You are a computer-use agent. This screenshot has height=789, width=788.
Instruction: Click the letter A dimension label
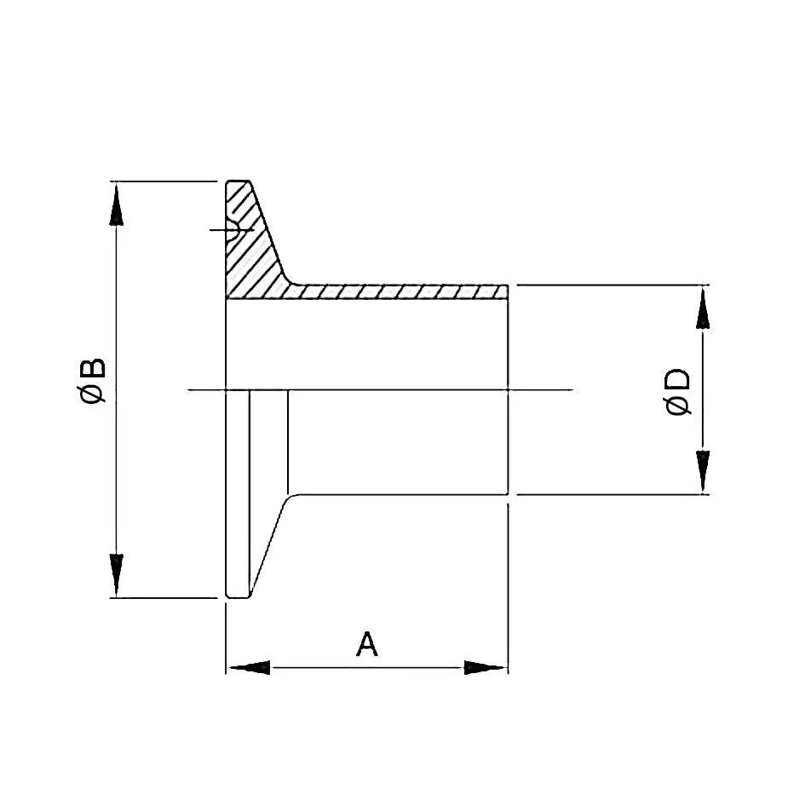click(366, 644)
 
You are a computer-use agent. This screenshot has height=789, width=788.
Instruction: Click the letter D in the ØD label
click(679, 381)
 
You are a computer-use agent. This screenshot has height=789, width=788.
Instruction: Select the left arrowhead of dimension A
click(247, 667)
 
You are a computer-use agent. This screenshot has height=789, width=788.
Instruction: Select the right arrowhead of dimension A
click(486, 667)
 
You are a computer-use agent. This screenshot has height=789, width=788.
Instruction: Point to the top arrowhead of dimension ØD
click(703, 308)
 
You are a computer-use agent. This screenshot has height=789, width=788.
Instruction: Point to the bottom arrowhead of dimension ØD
click(703, 472)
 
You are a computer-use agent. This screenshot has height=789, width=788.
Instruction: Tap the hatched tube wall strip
click(400, 292)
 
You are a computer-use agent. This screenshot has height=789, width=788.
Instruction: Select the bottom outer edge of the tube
click(400, 494)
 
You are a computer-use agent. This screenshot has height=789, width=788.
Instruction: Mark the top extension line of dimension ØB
click(162, 181)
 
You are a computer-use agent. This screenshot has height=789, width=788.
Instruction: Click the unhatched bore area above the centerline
click(366, 345)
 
